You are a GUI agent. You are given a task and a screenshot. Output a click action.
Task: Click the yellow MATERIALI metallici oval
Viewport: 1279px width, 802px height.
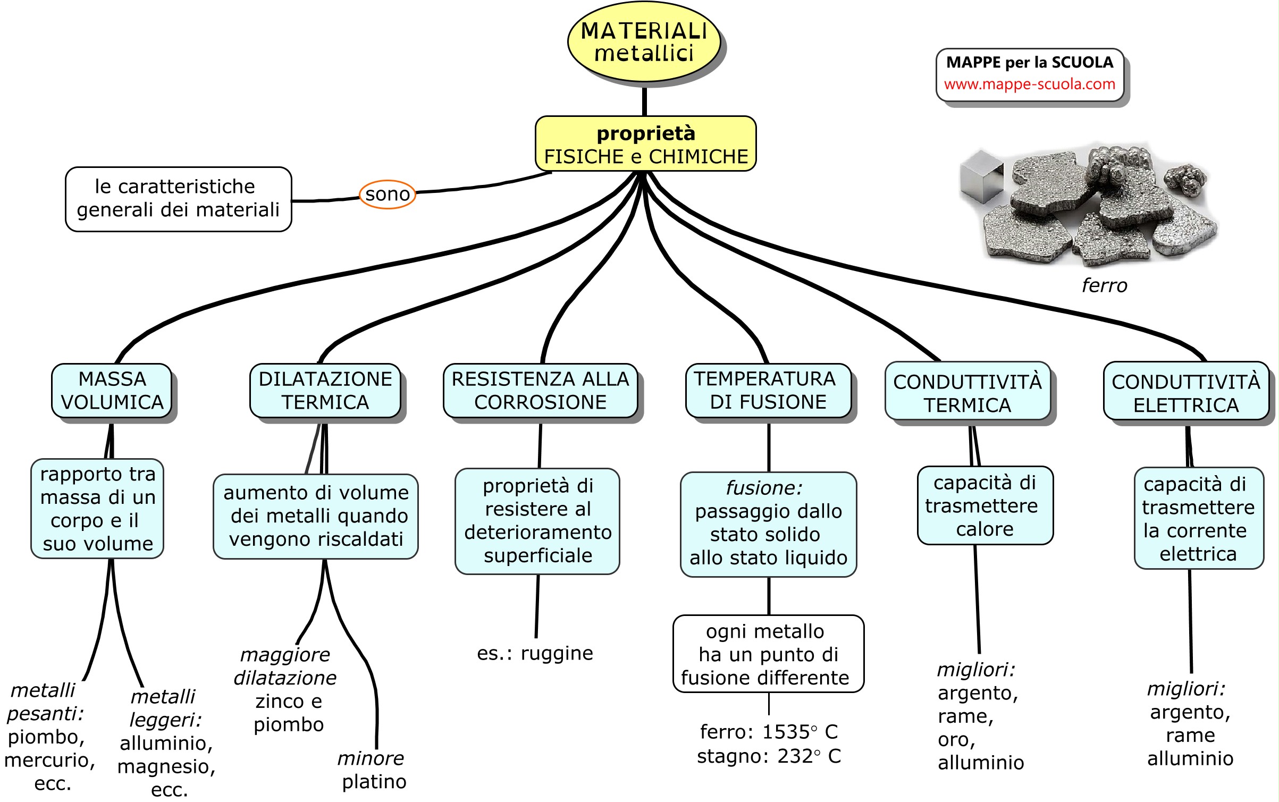(x=644, y=42)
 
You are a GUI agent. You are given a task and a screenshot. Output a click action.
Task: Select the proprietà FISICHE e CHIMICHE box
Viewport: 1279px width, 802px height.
(x=645, y=144)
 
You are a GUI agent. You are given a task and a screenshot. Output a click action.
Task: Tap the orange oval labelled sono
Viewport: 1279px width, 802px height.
(x=388, y=195)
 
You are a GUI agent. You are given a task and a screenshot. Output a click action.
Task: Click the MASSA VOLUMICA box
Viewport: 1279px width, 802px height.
(x=112, y=391)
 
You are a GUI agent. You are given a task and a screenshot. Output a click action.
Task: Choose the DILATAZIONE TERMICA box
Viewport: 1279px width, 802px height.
(x=325, y=391)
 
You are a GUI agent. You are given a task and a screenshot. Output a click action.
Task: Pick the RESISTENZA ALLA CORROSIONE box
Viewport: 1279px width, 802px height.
(x=540, y=391)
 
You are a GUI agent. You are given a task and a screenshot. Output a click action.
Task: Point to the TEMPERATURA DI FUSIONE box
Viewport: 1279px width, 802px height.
(x=768, y=391)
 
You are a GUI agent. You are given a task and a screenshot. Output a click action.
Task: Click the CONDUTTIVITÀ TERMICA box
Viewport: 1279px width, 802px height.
(x=967, y=393)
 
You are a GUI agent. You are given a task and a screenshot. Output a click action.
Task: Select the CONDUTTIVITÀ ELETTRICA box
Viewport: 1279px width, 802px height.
(x=1185, y=393)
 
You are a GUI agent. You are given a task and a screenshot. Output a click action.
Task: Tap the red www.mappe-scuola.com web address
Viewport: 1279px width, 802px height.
(x=1029, y=85)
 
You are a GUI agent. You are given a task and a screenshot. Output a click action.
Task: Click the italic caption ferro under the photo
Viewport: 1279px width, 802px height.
(x=1104, y=286)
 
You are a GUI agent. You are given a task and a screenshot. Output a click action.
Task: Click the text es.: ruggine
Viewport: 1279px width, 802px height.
(x=535, y=653)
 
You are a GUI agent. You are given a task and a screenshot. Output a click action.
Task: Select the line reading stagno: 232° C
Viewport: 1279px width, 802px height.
(x=769, y=756)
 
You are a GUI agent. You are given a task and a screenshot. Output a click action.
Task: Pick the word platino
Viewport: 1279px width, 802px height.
(x=374, y=782)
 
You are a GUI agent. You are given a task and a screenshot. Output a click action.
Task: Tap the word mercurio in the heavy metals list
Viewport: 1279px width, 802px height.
(x=49, y=761)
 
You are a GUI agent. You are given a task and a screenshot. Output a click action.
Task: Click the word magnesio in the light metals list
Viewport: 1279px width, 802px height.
(x=166, y=767)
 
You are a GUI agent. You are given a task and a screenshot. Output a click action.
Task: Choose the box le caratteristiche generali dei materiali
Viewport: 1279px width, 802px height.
(x=178, y=199)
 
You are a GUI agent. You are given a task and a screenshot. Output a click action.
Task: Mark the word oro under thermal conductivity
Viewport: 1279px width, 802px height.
(x=956, y=740)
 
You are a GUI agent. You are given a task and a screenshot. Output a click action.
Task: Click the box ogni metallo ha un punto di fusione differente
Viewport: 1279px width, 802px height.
(x=768, y=654)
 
